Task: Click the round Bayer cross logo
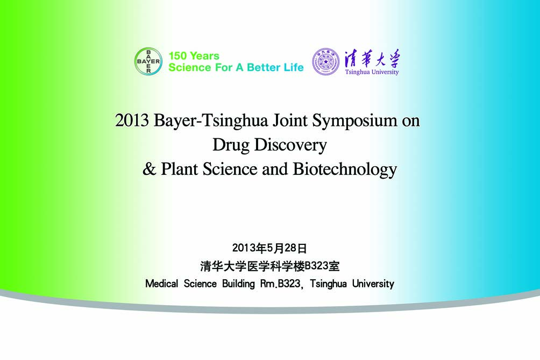click(x=148, y=61)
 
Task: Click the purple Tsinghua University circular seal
click(x=326, y=62)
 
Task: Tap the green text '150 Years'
click(x=194, y=56)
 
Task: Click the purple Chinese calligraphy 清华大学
click(x=372, y=58)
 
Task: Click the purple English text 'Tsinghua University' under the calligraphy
click(x=372, y=72)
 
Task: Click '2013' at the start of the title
click(x=132, y=121)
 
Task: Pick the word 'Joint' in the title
click(x=290, y=121)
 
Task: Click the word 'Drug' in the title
click(x=231, y=145)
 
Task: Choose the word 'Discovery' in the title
click(x=290, y=145)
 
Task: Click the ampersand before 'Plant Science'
click(x=149, y=169)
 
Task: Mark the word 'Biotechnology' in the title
click(x=345, y=170)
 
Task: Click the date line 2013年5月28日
click(x=269, y=248)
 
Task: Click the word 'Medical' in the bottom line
click(x=161, y=284)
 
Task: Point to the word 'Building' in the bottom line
click(x=238, y=284)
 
